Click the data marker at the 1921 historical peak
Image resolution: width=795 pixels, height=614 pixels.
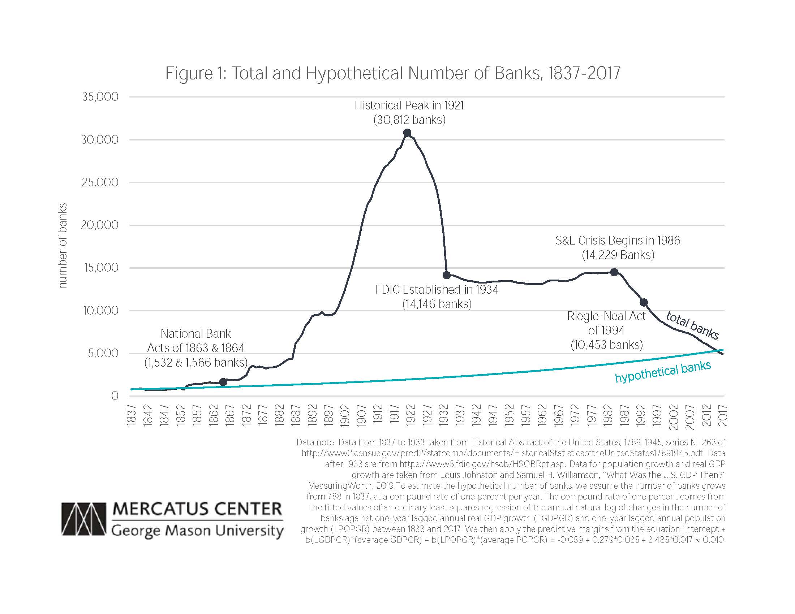[407, 133]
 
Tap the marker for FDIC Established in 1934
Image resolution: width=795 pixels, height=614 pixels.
[447, 275]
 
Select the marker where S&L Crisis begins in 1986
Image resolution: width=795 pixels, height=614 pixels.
[614, 272]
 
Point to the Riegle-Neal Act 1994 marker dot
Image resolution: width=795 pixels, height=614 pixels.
[644, 302]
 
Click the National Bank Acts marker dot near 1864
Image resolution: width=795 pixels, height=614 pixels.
[223, 382]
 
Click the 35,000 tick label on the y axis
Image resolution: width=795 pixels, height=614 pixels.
[100, 97]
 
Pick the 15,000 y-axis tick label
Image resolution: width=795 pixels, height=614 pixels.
[101, 268]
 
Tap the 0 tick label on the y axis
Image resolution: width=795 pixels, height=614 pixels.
[115, 396]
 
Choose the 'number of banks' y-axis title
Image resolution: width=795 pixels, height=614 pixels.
[63, 246]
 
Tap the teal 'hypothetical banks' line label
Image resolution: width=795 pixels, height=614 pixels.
[662, 372]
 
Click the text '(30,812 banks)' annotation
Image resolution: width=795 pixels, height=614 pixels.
[409, 120]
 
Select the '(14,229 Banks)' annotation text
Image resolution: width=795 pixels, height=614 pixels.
[618, 255]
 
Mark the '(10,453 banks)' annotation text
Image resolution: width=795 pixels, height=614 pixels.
[606, 345]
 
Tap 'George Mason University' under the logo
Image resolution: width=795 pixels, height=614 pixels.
[197, 531]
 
